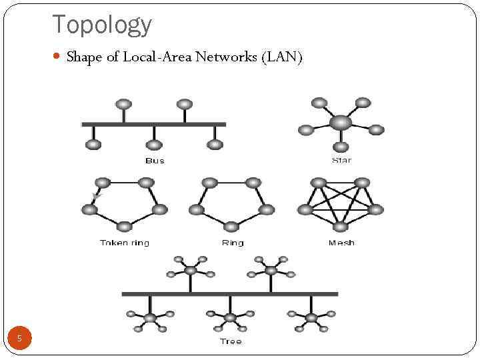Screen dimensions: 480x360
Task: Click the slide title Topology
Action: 102,25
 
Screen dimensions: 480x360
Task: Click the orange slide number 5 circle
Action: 19,339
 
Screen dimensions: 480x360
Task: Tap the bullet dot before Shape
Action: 58,57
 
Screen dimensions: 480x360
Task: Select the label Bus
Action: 154,161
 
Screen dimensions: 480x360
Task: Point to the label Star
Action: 341,160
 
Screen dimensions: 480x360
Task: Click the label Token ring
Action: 124,243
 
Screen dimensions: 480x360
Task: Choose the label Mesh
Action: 341,243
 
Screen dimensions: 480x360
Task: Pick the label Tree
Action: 231,341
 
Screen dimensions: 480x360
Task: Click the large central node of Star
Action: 341,123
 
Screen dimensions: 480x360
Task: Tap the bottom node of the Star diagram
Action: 341,147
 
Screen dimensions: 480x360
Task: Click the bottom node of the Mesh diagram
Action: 341,227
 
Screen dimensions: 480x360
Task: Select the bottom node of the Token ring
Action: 125,227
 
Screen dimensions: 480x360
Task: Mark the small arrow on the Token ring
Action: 96,196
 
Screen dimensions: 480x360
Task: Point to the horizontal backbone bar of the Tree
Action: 230,293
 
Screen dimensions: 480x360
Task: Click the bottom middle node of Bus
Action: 154,144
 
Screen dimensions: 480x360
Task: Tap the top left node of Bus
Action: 123,104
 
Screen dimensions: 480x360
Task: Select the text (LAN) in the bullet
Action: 283,57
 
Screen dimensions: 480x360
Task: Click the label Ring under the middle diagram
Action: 233,243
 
